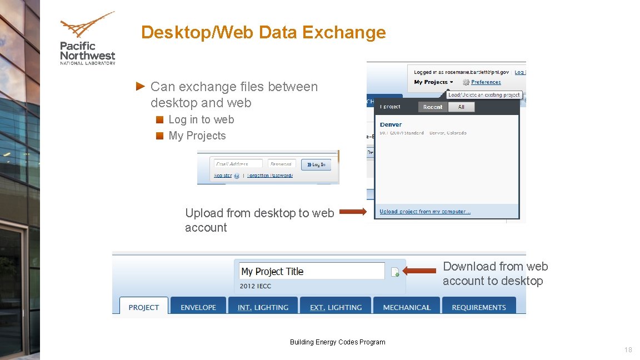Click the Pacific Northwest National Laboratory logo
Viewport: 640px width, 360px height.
(x=87, y=39)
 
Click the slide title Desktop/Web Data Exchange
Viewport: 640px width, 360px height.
(x=263, y=32)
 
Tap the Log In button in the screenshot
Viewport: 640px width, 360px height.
(x=316, y=164)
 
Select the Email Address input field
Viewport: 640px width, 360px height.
(x=238, y=164)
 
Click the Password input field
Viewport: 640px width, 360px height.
(x=282, y=164)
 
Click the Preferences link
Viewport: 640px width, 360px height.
(x=486, y=82)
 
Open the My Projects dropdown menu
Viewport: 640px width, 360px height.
(x=433, y=82)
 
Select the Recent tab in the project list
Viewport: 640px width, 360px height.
(x=433, y=107)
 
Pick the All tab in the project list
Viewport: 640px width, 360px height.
(x=461, y=107)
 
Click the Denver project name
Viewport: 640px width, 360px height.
(x=391, y=124)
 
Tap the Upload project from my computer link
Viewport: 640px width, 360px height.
(x=425, y=212)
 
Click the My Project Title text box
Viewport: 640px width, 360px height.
(x=312, y=271)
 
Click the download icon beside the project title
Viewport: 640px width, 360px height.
(x=395, y=272)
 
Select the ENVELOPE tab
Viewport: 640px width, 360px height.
(x=198, y=307)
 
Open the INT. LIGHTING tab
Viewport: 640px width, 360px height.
(x=263, y=307)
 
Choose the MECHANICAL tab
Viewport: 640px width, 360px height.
(x=407, y=307)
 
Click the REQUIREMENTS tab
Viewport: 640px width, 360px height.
(x=478, y=307)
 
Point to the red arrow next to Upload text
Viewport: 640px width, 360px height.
(x=353, y=212)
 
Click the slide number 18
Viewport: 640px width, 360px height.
(x=628, y=350)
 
